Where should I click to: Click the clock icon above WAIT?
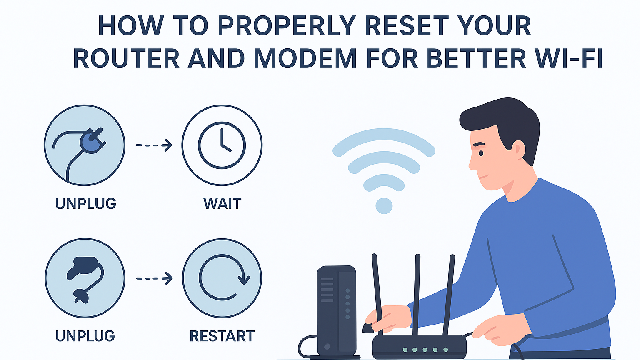click(x=222, y=145)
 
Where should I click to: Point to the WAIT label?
click(x=222, y=203)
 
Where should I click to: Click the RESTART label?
click(x=222, y=336)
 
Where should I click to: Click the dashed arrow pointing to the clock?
click(x=154, y=145)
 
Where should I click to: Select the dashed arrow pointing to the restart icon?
click(x=154, y=278)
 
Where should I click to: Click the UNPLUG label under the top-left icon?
click(x=85, y=203)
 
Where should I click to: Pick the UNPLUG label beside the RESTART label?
click(x=85, y=336)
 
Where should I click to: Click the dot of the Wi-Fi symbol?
click(x=384, y=206)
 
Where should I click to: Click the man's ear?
click(x=518, y=149)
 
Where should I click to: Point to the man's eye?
click(x=481, y=153)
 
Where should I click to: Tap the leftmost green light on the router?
click(x=405, y=350)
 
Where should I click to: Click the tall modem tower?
click(x=337, y=311)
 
